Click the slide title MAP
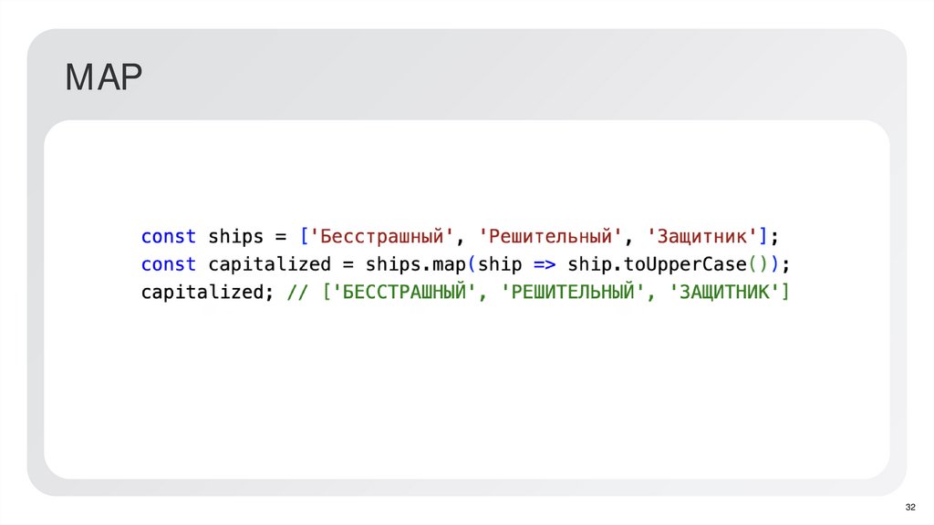(x=104, y=79)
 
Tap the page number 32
(x=909, y=507)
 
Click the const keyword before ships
(x=168, y=237)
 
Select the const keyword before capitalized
(x=168, y=265)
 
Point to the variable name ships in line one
(x=236, y=237)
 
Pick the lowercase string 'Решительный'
(x=551, y=237)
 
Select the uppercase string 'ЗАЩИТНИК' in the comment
(x=724, y=293)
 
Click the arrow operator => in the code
(x=545, y=265)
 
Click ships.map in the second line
(x=416, y=265)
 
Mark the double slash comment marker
(x=298, y=293)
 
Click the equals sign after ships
(x=281, y=237)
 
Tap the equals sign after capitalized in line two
(x=348, y=265)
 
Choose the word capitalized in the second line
(x=270, y=265)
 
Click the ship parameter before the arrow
(x=500, y=265)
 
